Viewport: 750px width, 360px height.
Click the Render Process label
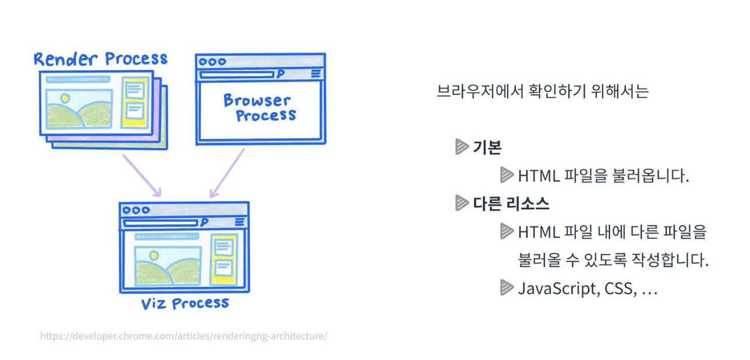tap(100, 59)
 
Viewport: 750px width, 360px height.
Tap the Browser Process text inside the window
tap(260, 108)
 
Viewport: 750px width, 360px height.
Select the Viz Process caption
tap(185, 303)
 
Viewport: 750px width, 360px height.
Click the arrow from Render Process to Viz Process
tap(141, 175)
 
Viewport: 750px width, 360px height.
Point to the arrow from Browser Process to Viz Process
tap(227, 173)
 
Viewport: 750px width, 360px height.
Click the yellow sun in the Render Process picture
tap(65, 98)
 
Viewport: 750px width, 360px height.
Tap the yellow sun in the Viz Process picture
tap(153, 255)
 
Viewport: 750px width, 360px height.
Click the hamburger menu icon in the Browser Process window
tap(316, 73)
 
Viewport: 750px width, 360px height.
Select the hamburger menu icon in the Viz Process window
tap(240, 222)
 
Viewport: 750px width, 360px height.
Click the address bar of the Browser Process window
tap(236, 74)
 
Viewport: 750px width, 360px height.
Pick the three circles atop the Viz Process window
tap(136, 210)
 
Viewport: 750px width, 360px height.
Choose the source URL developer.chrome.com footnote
tap(183, 336)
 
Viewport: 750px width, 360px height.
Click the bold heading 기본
tap(487, 147)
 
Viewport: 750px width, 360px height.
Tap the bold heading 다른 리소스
tap(511, 204)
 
